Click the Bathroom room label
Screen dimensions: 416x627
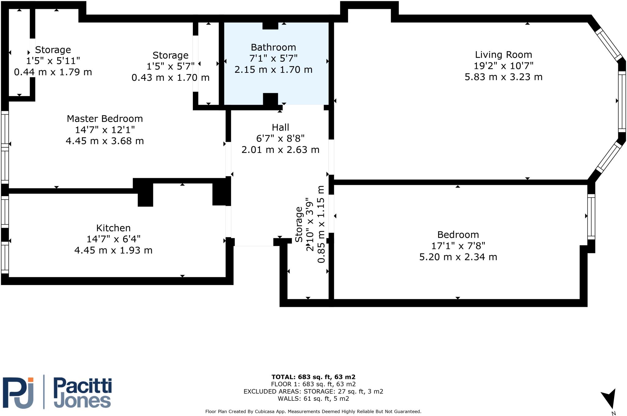pyautogui.click(x=273, y=47)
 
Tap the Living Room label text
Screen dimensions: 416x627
pyautogui.click(x=503, y=55)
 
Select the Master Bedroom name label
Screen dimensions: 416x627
pyautogui.click(x=105, y=119)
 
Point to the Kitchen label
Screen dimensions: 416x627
pyautogui.click(x=113, y=228)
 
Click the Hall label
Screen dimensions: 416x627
pyautogui.click(x=280, y=127)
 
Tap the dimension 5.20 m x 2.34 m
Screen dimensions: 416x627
pyautogui.click(x=458, y=257)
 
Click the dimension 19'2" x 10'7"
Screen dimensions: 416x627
pyautogui.click(x=503, y=66)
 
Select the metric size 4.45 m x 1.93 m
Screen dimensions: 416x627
pyautogui.click(x=113, y=250)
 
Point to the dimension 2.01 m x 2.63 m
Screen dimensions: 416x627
pyautogui.click(x=280, y=150)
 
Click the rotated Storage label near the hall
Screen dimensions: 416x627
pyautogui.click(x=299, y=224)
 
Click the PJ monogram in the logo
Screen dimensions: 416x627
pyautogui.click(x=18, y=393)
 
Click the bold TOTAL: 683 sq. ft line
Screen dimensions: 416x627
pyautogui.click(x=313, y=377)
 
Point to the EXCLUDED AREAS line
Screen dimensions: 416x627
pyautogui.click(x=313, y=391)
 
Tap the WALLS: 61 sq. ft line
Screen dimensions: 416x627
pyautogui.click(x=313, y=399)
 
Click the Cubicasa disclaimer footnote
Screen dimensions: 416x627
pyautogui.click(x=313, y=411)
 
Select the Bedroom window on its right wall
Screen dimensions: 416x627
pyautogui.click(x=591, y=217)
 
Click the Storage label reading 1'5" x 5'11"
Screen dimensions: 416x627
pyautogui.click(x=53, y=61)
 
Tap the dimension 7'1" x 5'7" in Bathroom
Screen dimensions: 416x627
pyautogui.click(x=273, y=58)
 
